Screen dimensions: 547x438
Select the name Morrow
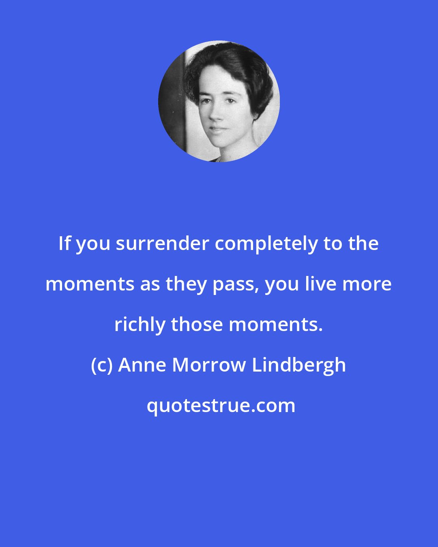[209, 365]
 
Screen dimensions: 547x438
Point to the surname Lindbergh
[299, 365]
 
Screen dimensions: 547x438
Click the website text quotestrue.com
[221, 406]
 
